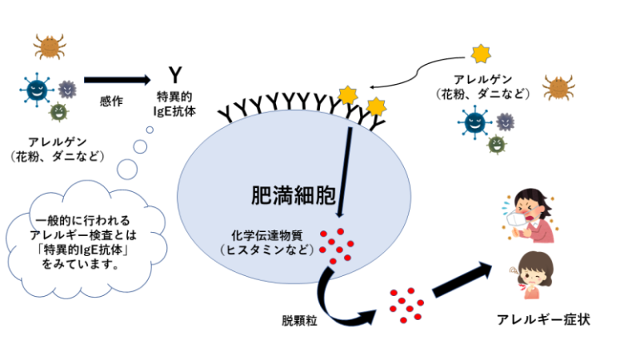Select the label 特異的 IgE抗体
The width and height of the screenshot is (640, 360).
[x=175, y=101]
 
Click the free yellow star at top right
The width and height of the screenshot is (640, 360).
[x=480, y=54]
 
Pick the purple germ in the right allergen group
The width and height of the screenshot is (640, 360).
[x=504, y=121]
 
